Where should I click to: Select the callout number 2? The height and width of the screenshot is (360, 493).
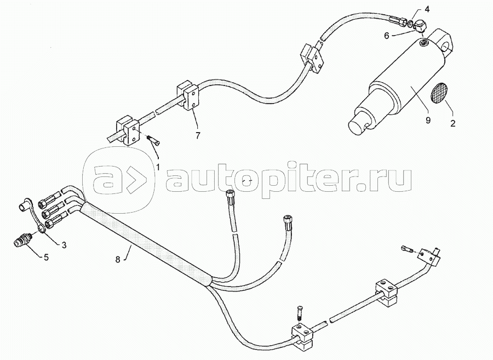tap(452, 124)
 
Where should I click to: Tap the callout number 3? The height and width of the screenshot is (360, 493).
tap(64, 245)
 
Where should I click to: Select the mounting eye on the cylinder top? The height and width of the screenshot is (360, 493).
tap(445, 42)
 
